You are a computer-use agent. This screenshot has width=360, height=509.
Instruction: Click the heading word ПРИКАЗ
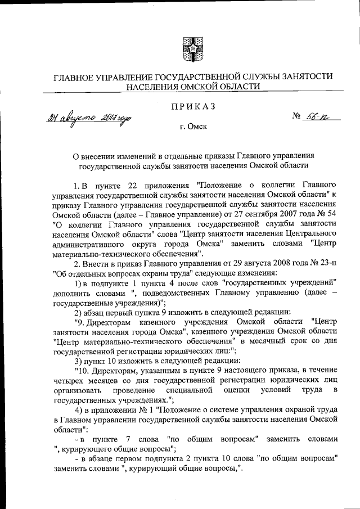pyautogui.click(x=189, y=107)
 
